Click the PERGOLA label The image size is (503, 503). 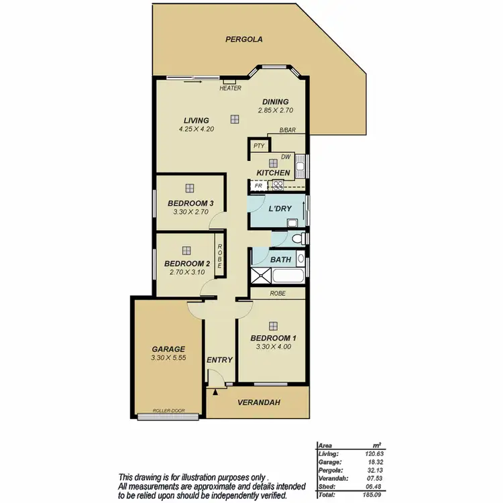pyautogui.click(x=243, y=40)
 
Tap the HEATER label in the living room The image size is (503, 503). pyautogui.click(x=229, y=88)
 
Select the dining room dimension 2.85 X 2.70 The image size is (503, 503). pyautogui.click(x=276, y=110)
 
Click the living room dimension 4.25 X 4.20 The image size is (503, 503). pyautogui.click(x=197, y=129)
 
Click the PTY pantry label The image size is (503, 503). pyautogui.click(x=258, y=146)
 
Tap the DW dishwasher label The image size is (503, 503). pyautogui.click(x=286, y=157)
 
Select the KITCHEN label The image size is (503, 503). pyautogui.click(x=273, y=173)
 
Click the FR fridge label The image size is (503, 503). pyautogui.click(x=258, y=185)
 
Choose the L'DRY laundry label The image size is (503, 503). pyautogui.click(x=280, y=209)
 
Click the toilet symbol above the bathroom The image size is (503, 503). pyautogui.click(x=296, y=238)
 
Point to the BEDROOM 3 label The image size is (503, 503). pyautogui.click(x=190, y=203)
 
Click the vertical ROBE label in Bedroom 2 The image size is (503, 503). pyautogui.click(x=219, y=256)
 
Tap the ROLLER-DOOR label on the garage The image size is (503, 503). pyautogui.click(x=168, y=410)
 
